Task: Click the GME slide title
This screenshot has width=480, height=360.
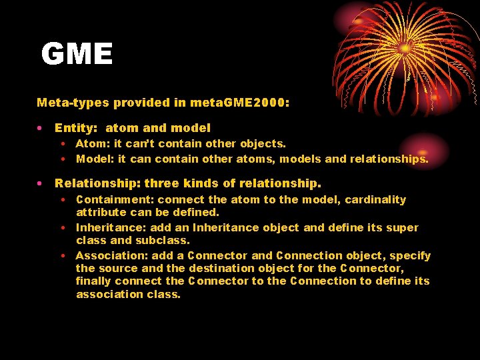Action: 77,54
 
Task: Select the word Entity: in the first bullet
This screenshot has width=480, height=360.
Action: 76,127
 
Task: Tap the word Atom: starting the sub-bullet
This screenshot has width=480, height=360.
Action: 93,143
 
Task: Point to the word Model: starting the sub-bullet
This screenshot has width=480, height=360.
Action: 95,159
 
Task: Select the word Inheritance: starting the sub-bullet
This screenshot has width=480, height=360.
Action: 111,227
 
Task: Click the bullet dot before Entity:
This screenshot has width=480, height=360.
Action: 41,127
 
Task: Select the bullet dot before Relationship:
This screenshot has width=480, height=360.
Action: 41,183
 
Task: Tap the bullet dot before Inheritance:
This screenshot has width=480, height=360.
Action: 62,227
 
